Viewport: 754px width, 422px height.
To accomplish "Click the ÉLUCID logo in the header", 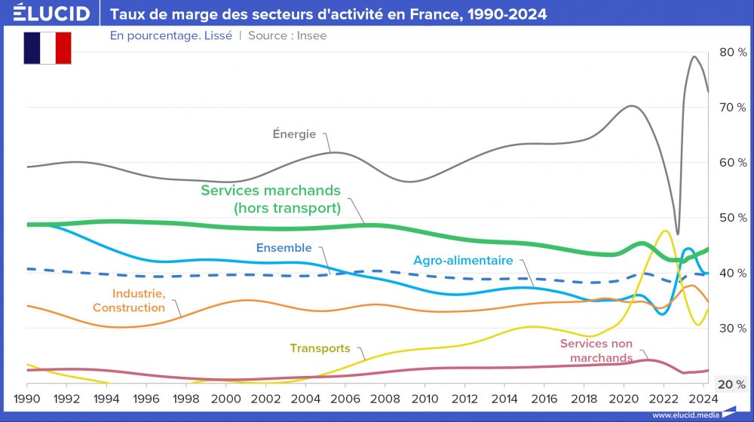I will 52,14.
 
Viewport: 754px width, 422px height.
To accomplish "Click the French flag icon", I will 48,48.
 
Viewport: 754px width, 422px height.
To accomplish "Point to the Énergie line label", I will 294,135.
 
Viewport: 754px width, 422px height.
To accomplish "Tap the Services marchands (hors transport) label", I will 271,199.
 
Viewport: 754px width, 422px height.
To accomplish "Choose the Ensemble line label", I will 284,247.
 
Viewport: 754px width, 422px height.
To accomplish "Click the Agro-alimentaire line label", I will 463,261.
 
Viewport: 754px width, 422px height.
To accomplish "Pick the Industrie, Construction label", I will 129,301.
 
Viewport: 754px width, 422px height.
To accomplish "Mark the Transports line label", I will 320,348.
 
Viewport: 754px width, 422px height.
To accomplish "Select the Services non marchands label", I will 596,350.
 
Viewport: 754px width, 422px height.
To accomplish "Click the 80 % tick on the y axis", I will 732,52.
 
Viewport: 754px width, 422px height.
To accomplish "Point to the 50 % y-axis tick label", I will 732,218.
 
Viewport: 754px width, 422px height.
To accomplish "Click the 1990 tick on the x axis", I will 27,399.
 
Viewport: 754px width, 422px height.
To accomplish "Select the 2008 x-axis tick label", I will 385,399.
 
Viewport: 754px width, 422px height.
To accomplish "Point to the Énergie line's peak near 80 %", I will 694,57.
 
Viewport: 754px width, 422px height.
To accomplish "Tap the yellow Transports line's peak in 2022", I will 664,231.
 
